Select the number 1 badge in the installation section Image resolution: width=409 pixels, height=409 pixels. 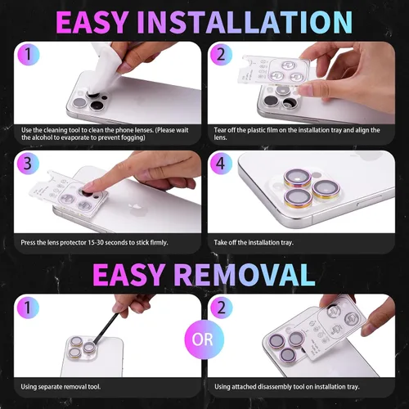tap(29, 54)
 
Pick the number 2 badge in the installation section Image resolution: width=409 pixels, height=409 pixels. tap(221, 54)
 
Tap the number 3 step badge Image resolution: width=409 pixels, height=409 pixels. tap(28, 164)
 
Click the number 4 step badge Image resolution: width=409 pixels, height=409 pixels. tap(221, 164)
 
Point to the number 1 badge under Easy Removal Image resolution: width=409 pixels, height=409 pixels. tap(28, 308)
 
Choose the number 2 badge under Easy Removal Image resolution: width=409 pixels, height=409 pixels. tap(221, 308)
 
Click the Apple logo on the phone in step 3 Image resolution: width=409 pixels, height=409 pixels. tap(136, 209)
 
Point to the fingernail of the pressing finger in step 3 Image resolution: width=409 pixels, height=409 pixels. tap(88, 187)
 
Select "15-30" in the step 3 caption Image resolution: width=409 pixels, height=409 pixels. tap(96, 242)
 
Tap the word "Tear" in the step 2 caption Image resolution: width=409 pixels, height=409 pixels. tap(220, 130)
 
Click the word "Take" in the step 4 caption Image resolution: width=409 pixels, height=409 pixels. tap(220, 242)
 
